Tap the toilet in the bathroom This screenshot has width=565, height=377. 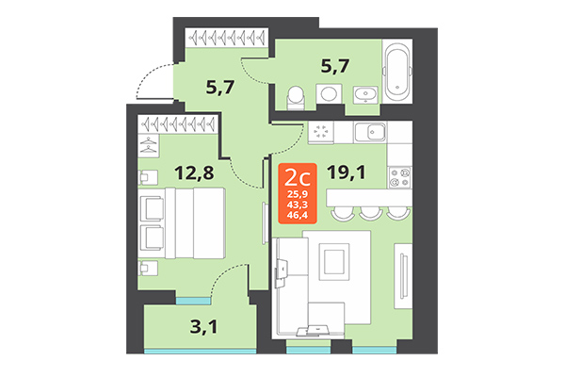tap(294, 95)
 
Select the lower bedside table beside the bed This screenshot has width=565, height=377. tap(148, 267)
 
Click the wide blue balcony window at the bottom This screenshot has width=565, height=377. tap(200, 351)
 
